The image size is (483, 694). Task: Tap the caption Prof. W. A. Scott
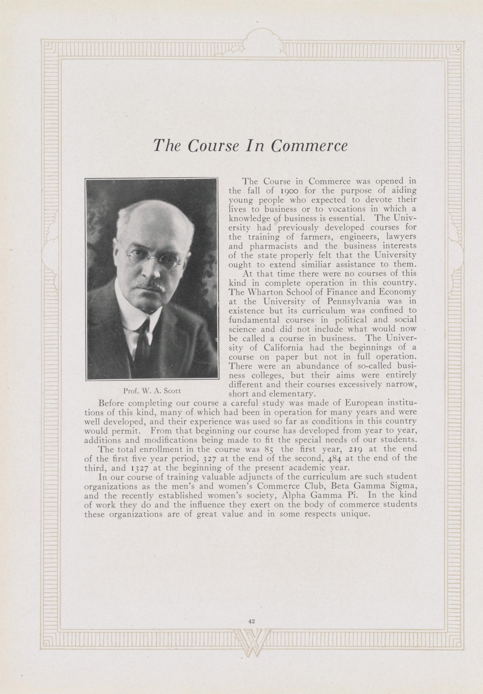152,391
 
